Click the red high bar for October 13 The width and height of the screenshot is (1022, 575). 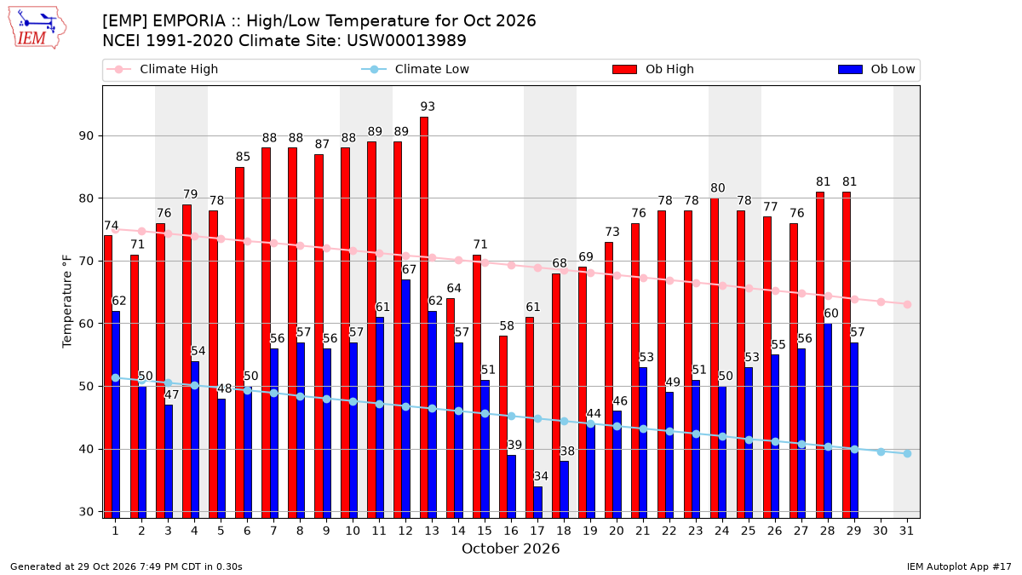(x=424, y=317)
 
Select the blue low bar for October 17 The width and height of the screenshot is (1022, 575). (x=538, y=502)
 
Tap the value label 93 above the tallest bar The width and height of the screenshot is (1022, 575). (x=428, y=106)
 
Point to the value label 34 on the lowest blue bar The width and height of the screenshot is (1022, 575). (x=541, y=476)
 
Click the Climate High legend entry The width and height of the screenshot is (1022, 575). (x=162, y=69)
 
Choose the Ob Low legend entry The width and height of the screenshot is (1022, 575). (x=876, y=69)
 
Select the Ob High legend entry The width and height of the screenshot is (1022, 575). (x=653, y=69)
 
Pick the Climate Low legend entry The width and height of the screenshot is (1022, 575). (x=416, y=69)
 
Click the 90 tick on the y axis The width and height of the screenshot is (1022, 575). (x=86, y=136)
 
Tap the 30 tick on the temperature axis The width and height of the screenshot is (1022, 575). (x=86, y=512)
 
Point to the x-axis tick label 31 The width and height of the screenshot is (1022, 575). (x=906, y=531)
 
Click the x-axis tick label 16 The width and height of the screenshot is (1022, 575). (x=511, y=531)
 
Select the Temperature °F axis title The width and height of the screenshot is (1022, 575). (x=67, y=302)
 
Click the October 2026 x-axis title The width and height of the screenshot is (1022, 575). (x=510, y=549)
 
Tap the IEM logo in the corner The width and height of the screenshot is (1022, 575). (x=37, y=28)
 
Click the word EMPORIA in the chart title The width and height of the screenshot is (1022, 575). (x=189, y=21)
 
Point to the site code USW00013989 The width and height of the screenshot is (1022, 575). (x=406, y=41)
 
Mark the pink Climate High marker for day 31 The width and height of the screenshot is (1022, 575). (x=907, y=304)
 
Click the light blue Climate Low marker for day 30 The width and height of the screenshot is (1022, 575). (x=881, y=451)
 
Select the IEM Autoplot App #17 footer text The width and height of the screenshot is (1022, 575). (x=959, y=566)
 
